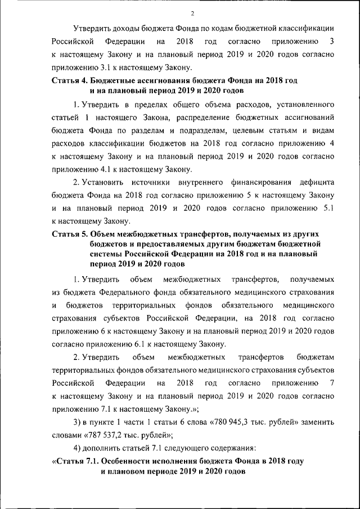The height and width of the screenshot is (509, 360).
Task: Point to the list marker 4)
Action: click(x=78, y=448)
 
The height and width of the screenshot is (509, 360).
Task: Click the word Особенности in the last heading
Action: click(x=142, y=461)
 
